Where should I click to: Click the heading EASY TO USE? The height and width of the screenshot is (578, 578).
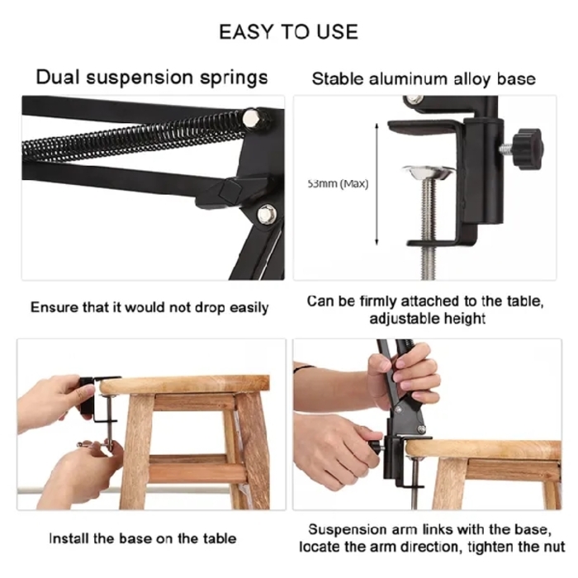288,32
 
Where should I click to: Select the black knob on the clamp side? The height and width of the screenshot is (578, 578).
525,147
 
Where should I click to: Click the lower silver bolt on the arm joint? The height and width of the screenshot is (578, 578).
265,214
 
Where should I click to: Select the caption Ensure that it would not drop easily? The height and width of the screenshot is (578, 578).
149,307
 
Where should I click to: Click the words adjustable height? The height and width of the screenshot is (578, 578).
427,318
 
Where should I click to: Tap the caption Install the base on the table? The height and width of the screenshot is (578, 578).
143,538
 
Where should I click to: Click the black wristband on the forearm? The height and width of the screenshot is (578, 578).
303,368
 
